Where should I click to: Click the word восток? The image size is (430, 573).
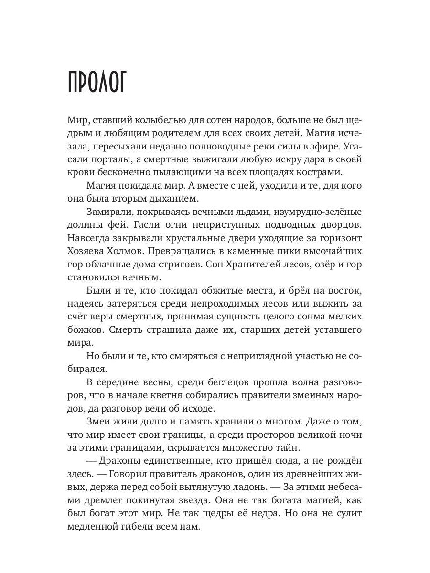tap(343, 291)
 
